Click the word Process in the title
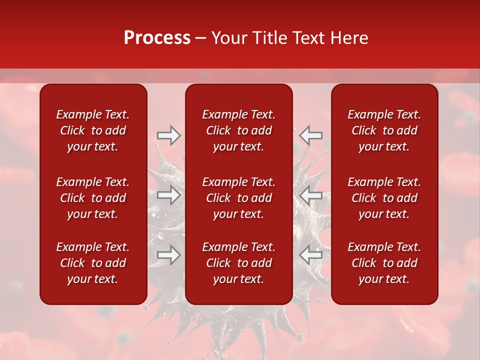(157, 38)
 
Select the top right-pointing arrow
(169, 135)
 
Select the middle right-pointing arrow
(169, 195)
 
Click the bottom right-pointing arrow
(169, 255)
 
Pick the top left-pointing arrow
(311, 135)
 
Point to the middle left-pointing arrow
(311, 195)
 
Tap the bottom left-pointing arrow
(311, 255)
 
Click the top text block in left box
(93, 130)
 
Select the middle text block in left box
(93, 198)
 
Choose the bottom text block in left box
(93, 263)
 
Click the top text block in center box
(239, 130)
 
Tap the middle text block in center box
(239, 198)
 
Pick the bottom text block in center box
(239, 263)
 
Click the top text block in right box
(384, 130)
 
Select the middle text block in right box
(384, 198)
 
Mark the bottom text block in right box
(384, 263)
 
